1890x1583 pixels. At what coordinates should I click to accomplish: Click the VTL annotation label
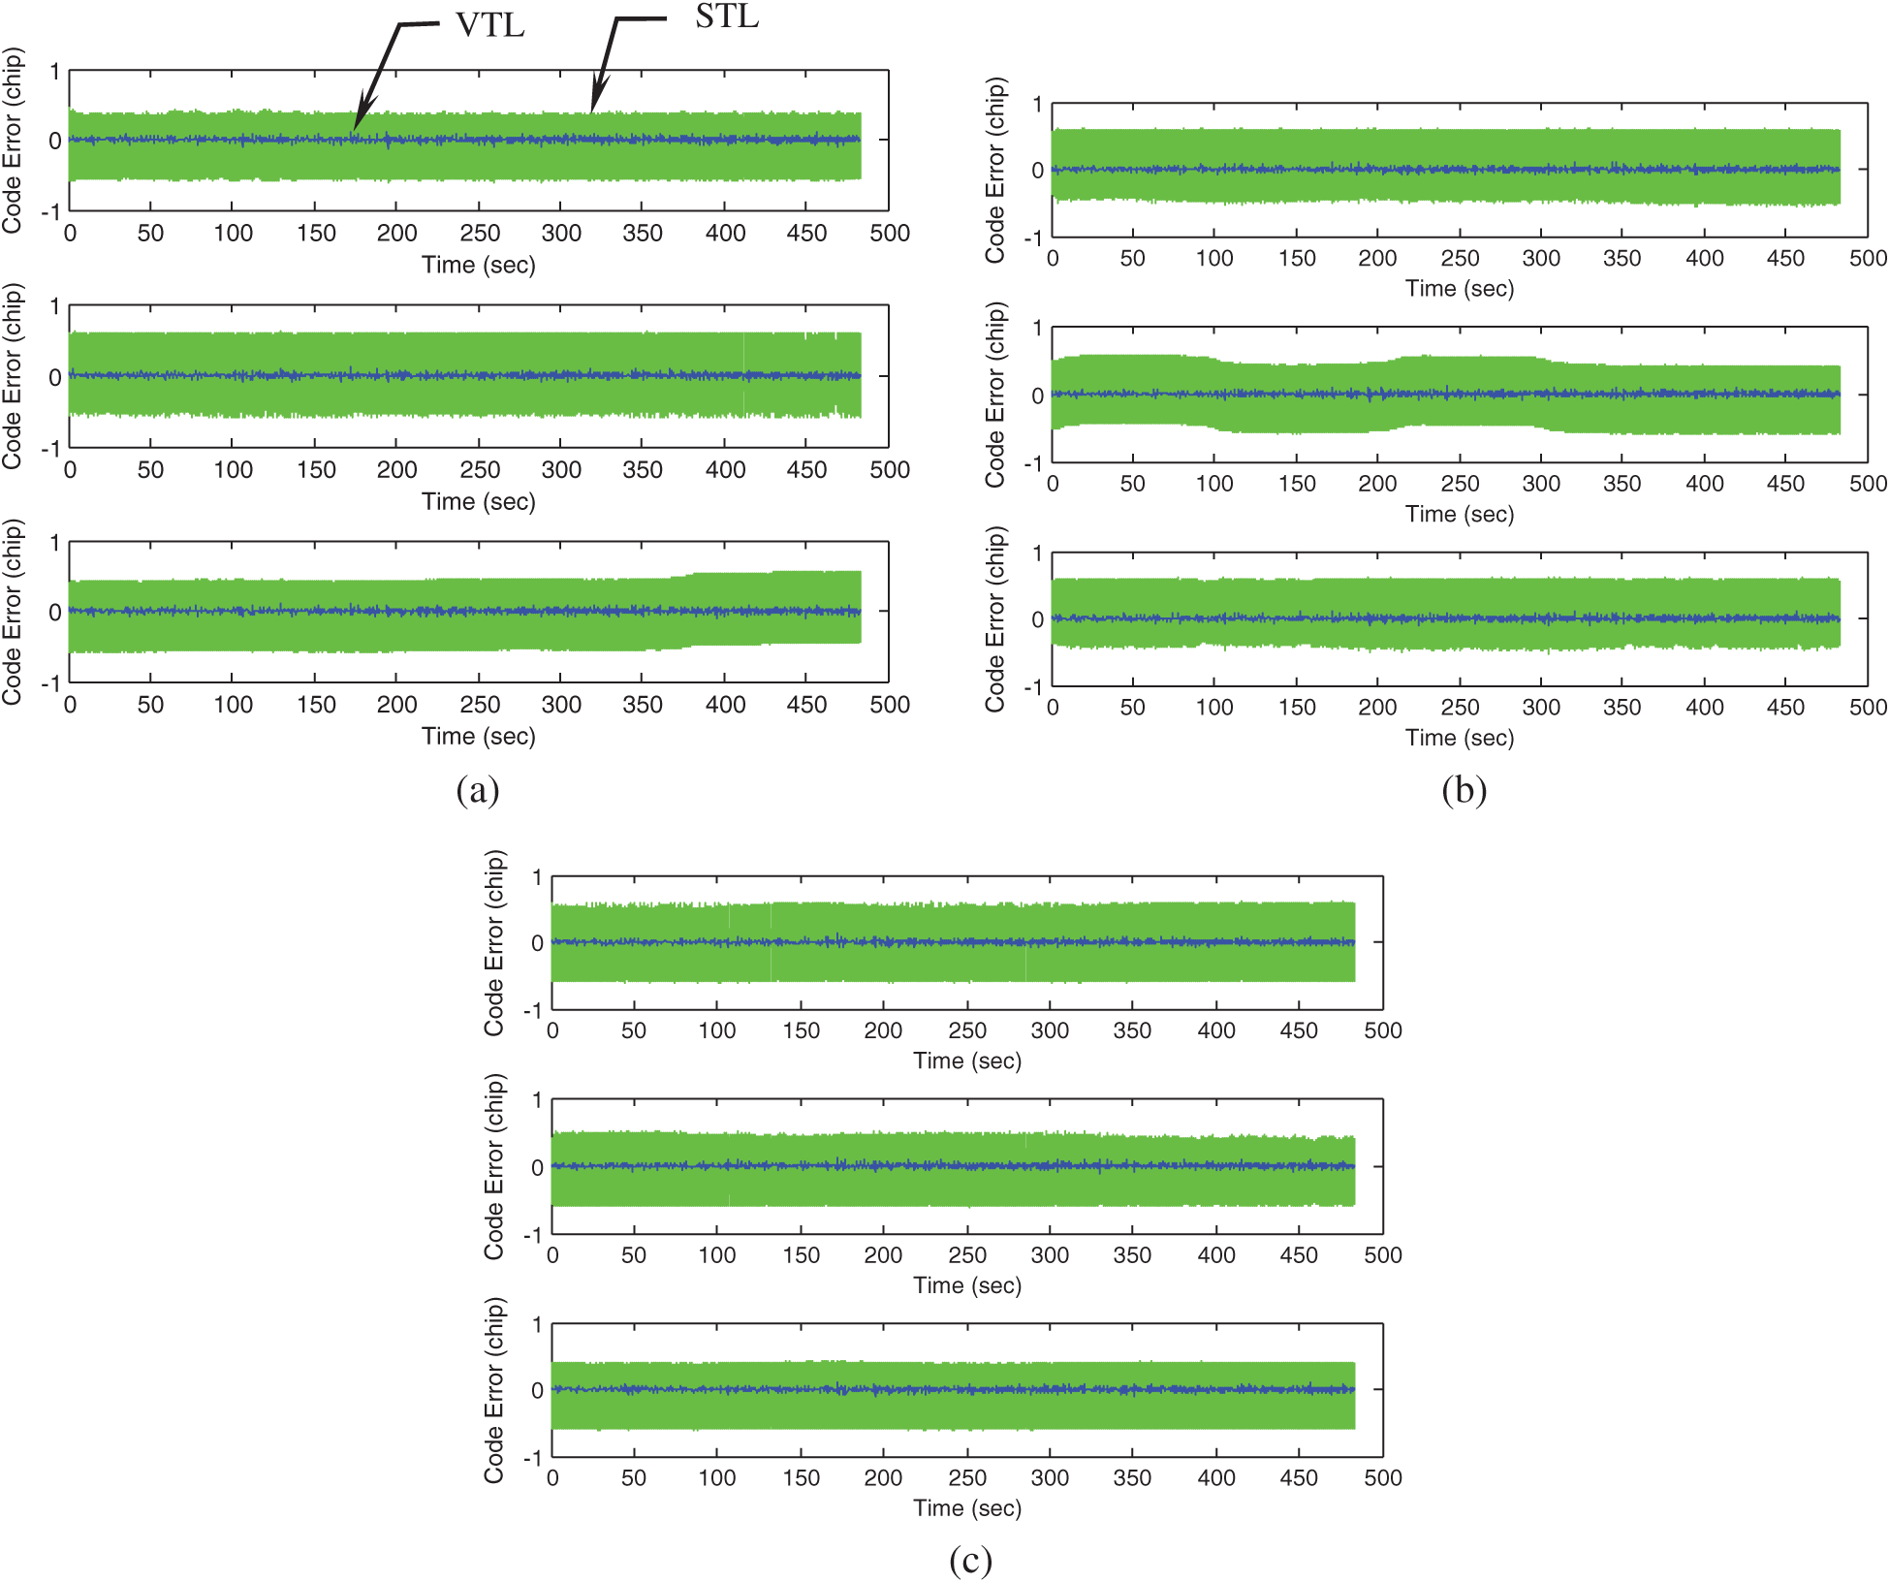489,25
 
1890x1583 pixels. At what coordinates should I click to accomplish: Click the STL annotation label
727,16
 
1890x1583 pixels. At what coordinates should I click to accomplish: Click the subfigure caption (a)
478,790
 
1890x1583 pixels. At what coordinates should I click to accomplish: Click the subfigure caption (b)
1464,790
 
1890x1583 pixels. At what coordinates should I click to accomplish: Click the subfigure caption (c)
970,1560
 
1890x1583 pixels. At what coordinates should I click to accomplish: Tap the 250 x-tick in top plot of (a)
480,234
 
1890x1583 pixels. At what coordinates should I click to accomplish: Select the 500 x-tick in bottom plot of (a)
890,705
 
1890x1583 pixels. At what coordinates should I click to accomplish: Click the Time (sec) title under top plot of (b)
1460,289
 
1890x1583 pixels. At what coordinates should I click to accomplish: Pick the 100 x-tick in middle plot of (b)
1214,484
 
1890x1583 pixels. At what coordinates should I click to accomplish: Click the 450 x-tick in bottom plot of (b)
1785,708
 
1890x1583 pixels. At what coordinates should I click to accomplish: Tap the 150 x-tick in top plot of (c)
801,1030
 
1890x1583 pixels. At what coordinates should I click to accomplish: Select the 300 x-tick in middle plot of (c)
1050,1255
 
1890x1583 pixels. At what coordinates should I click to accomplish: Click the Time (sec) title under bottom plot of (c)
967,1508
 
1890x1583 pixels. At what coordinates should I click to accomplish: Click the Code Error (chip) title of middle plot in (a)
12,376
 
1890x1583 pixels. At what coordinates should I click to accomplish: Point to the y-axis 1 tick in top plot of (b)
1037,104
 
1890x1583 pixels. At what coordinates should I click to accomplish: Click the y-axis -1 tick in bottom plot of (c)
532,1459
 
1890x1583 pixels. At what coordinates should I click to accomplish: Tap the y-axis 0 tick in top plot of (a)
55,141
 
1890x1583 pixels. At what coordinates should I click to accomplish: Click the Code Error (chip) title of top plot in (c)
494,943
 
